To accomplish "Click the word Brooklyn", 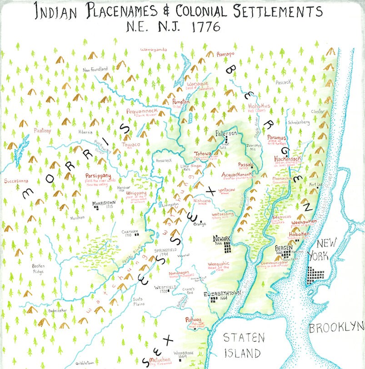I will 336,327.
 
